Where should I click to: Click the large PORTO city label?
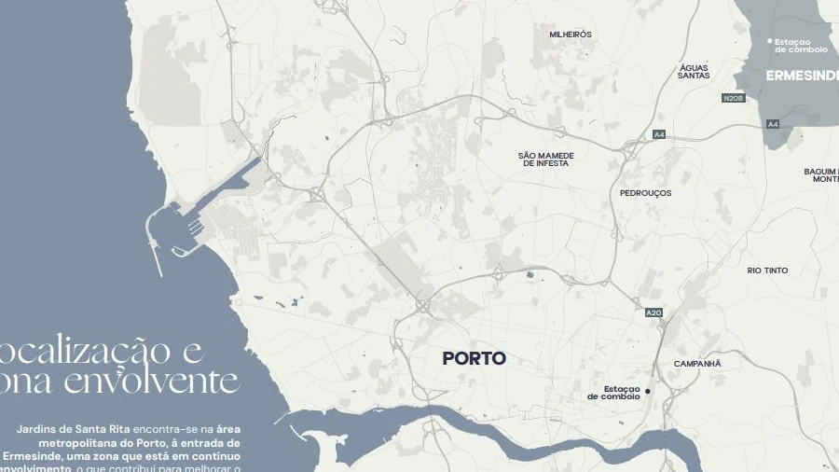click(x=474, y=358)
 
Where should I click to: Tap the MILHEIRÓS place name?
click(x=571, y=35)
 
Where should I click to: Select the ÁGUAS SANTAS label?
click(x=694, y=71)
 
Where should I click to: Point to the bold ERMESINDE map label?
click(x=802, y=75)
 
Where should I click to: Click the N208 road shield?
click(x=734, y=98)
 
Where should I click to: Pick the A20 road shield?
click(x=653, y=312)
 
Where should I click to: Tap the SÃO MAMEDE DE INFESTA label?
click(x=545, y=159)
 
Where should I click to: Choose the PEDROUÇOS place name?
click(x=645, y=193)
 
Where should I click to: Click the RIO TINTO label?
click(x=767, y=271)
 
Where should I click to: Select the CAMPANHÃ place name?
click(x=697, y=363)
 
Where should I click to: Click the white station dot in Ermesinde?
click(x=770, y=41)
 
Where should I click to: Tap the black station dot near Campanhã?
click(x=648, y=391)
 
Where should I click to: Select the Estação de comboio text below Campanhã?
click(x=614, y=393)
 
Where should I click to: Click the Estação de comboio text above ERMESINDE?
click(x=800, y=45)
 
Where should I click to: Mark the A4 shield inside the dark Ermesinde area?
click(x=773, y=124)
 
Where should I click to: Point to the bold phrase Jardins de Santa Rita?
click(x=74, y=428)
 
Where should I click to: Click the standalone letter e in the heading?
click(x=193, y=351)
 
